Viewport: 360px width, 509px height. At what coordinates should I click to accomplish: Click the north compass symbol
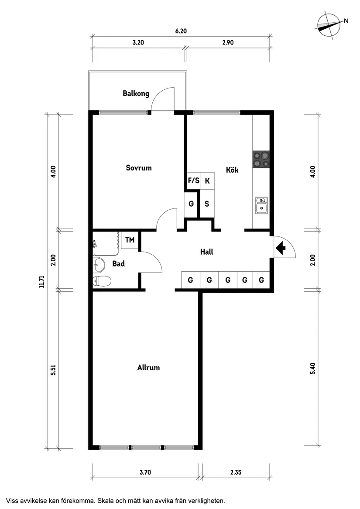[x=329, y=26]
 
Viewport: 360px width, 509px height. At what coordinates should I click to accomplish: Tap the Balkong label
[x=136, y=93]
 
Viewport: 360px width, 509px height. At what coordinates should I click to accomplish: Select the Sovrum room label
[x=139, y=167]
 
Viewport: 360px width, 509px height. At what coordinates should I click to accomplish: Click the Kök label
[x=232, y=170]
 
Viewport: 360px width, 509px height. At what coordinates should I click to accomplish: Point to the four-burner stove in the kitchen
[x=261, y=159]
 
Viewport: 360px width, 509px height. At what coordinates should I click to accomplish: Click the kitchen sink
[x=261, y=205]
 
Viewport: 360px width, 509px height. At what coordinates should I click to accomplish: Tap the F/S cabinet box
[x=193, y=180]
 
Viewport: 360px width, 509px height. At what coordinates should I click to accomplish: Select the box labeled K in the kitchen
[x=207, y=180]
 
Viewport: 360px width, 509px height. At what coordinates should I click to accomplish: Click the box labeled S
[x=207, y=204]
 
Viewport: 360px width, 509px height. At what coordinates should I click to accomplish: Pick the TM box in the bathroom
[x=130, y=240]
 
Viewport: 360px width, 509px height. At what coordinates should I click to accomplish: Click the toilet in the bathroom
[x=101, y=281]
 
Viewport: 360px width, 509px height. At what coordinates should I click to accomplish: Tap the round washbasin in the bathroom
[x=99, y=263]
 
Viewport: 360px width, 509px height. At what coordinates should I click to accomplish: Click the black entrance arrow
[x=281, y=248]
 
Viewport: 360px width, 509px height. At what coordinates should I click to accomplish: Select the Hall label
[x=206, y=252]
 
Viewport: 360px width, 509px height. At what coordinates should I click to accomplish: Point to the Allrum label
[x=148, y=368]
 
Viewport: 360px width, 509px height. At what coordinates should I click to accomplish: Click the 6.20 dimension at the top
[x=181, y=31]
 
